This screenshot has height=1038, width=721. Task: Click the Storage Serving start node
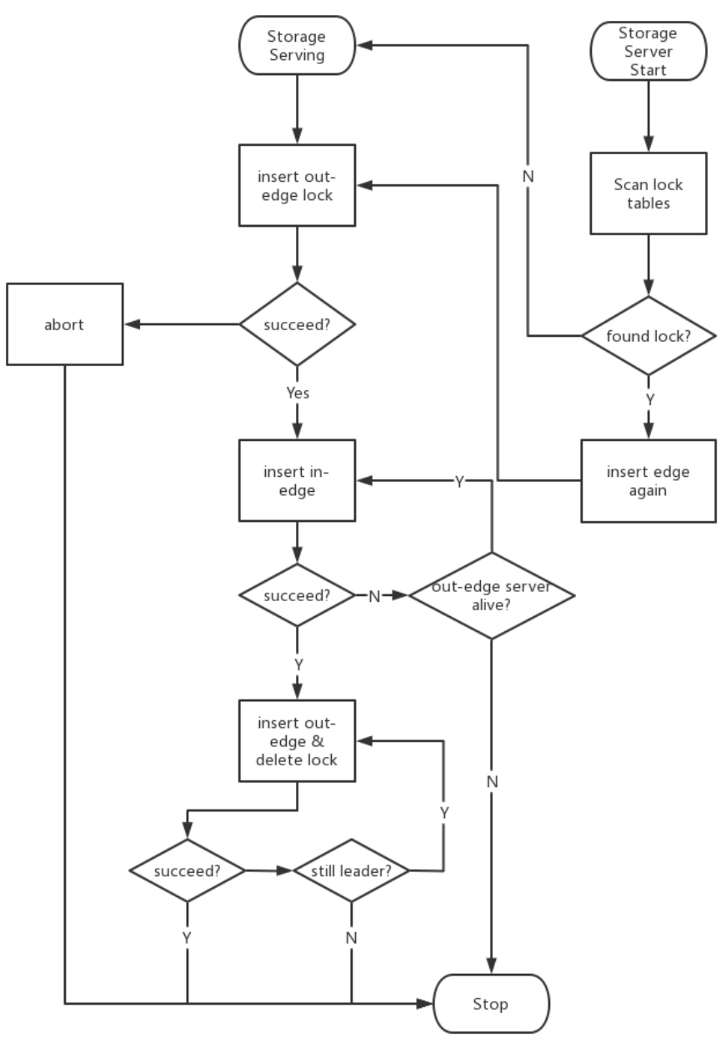pos(298,48)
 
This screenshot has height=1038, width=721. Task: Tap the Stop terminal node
pos(493,1004)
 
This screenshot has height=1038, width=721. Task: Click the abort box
pos(65,325)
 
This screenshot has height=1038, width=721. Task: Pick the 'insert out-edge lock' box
pos(298,185)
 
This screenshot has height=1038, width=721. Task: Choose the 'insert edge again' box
pos(648,481)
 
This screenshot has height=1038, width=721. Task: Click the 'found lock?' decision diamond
pos(648,336)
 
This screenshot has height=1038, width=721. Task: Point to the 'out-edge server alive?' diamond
pos(492,595)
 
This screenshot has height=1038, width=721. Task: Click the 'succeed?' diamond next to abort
pos(298,323)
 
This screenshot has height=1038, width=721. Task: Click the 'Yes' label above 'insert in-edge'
pos(298,394)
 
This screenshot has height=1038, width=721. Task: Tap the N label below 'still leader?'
pos(351,937)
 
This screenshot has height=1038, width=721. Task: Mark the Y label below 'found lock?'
pos(649,399)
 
